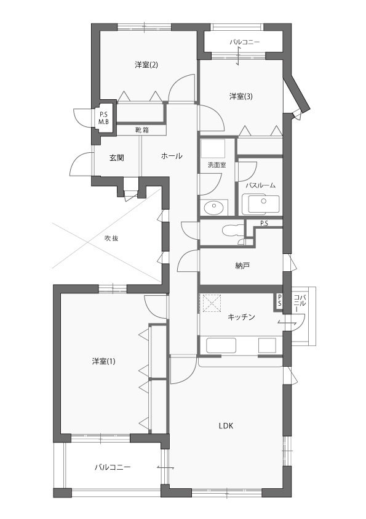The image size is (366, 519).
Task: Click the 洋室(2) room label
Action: click(x=146, y=65)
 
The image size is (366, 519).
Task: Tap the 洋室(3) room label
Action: click(x=241, y=97)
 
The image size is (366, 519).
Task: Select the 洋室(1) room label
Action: click(x=104, y=361)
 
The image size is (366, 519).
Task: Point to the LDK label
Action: click(x=226, y=426)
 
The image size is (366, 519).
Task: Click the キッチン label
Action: click(x=242, y=317)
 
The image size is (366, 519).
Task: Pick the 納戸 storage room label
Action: click(x=242, y=266)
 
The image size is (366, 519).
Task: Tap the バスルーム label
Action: click(x=260, y=186)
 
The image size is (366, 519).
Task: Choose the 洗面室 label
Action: click(x=217, y=165)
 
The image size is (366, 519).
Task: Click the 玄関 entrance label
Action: click(x=117, y=158)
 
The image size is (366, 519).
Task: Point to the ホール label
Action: click(x=172, y=156)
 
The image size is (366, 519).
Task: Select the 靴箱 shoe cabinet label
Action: click(x=142, y=130)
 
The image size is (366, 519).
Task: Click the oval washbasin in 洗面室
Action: click(x=213, y=208)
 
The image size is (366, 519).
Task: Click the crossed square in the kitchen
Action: click(x=211, y=303)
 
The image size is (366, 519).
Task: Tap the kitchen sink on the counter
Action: click(x=221, y=345)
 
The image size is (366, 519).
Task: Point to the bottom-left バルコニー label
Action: click(x=113, y=467)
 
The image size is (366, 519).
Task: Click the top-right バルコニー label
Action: click(x=245, y=42)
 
